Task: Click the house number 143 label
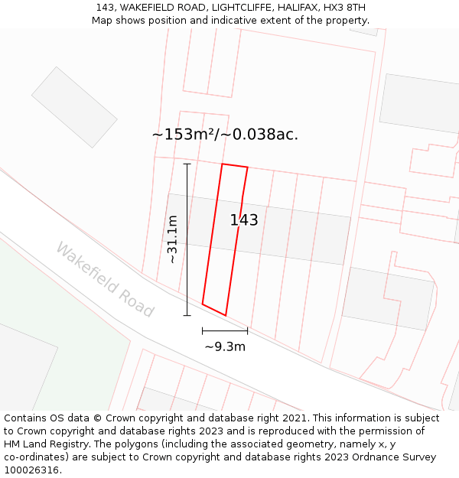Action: pos(244,220)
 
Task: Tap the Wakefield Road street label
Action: pos(105,280)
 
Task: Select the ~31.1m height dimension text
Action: pos(172,239)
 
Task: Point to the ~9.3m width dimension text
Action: pos(225,346)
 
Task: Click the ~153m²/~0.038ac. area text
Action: pos(225,135)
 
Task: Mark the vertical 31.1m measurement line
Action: pos(187,239)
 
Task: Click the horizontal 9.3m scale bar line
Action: pos(225,330)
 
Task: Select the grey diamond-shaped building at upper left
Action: pos(74,107)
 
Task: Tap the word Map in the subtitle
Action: pos(103,21)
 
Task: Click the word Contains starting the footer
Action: pos(27,418)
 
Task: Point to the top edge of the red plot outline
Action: pos(235,165)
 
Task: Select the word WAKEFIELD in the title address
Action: pos(148,8)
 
